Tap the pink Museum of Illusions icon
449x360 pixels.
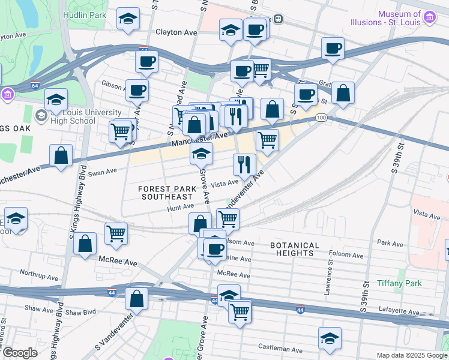coord(429,17)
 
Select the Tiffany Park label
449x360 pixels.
coord(399,283)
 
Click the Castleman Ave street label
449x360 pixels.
coord(280,348)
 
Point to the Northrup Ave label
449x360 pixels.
coord(37,272)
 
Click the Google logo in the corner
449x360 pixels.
coord(20,353)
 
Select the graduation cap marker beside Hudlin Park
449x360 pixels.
coord(128,19)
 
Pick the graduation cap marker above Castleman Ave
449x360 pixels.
coord(330,339)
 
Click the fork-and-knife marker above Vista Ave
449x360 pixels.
coord(244,164)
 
